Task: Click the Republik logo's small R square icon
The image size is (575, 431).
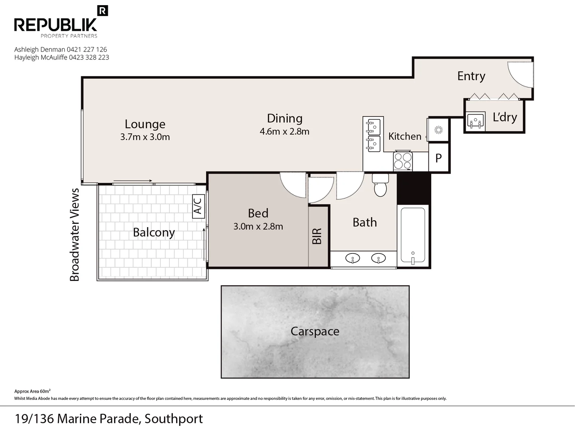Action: click(x=103, y=11)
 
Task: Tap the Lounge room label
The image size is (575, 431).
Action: click(x=145, y=124)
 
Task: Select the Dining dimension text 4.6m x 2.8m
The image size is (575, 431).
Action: click(x=284, y=131)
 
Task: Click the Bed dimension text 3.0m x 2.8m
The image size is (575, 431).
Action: click(x=258, y=226)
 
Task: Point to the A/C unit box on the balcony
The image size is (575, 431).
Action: click(x=198, y=206)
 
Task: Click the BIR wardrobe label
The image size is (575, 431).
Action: click(x=317, y=236)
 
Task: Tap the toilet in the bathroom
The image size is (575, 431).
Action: click(x=381, y=185)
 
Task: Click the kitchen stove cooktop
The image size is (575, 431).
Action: click(x=403, y=161)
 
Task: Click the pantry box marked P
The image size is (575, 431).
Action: click(x=438, y=158)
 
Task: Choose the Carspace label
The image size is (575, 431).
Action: click(x=315, y=332)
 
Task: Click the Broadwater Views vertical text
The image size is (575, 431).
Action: click(x=74, y=235)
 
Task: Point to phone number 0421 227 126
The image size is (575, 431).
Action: click(x=87, y=49)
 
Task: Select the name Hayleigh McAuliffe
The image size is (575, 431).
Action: click(x=41, y=57)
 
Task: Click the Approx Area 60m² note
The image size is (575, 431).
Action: click(x=32, y=391)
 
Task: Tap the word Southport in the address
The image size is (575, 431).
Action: click(x=174, y=419)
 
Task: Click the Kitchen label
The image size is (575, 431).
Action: click(x=405, y=136)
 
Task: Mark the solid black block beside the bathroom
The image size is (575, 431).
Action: click(x=414, y=189)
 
